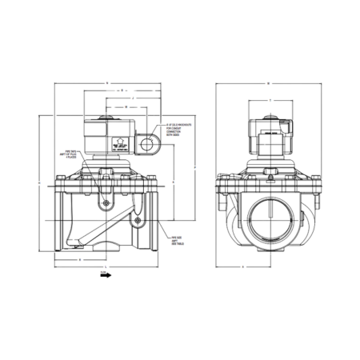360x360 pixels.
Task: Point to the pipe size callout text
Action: click(178, 241)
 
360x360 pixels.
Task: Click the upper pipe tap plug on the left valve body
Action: click(105, 203)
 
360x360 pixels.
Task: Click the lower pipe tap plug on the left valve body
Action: click(138, 219)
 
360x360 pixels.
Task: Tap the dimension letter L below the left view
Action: click(107, 266)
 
